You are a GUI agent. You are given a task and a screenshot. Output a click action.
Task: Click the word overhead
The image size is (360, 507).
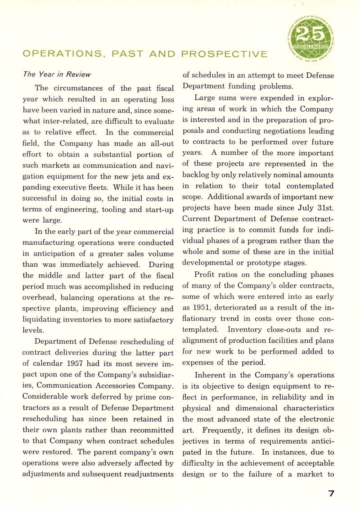pyautogui.click(x=40, y=297)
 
